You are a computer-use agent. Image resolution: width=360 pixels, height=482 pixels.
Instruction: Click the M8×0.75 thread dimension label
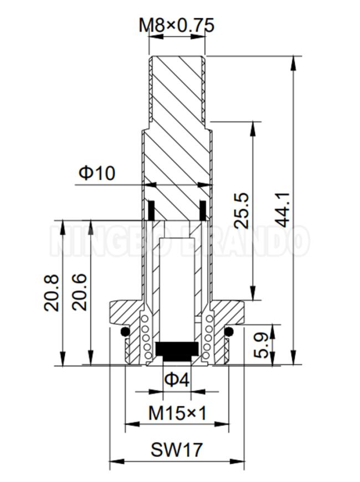[x=176, y=25]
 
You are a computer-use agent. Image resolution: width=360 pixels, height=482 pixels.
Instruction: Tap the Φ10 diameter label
[x=97, y=173]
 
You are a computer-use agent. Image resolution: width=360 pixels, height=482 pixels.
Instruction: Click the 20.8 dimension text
[x=52, y=293]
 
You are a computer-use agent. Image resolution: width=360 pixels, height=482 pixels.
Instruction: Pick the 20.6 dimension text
[x=80, y=292]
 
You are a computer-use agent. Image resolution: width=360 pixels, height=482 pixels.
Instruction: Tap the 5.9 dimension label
[x=261, y=345]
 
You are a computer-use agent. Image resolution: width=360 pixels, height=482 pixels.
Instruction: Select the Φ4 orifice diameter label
[x=177, y=380]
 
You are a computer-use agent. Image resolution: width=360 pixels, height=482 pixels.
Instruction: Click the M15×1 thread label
[x=177, y=413]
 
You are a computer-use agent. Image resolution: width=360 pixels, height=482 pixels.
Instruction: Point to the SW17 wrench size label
[x=177, y=449]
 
